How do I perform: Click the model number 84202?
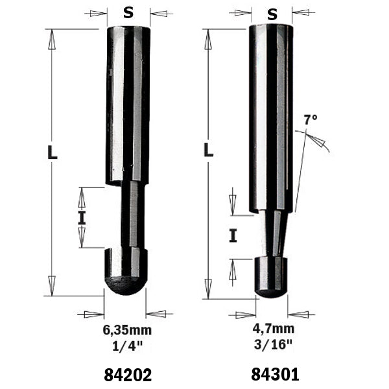(x=128, y=375)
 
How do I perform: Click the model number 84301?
(x=275, y=374)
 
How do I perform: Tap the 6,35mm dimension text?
(x=127, y=331)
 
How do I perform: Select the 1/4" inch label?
(x=128, y=346)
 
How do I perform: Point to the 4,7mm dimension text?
(x=274, y=329)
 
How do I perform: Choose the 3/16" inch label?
(x=273, y=344)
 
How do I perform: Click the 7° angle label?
(x=311, y=119)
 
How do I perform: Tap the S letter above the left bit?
(x=128, y=13)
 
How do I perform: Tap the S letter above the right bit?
(x=272, y=14)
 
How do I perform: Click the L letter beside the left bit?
(x=53, y=152)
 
